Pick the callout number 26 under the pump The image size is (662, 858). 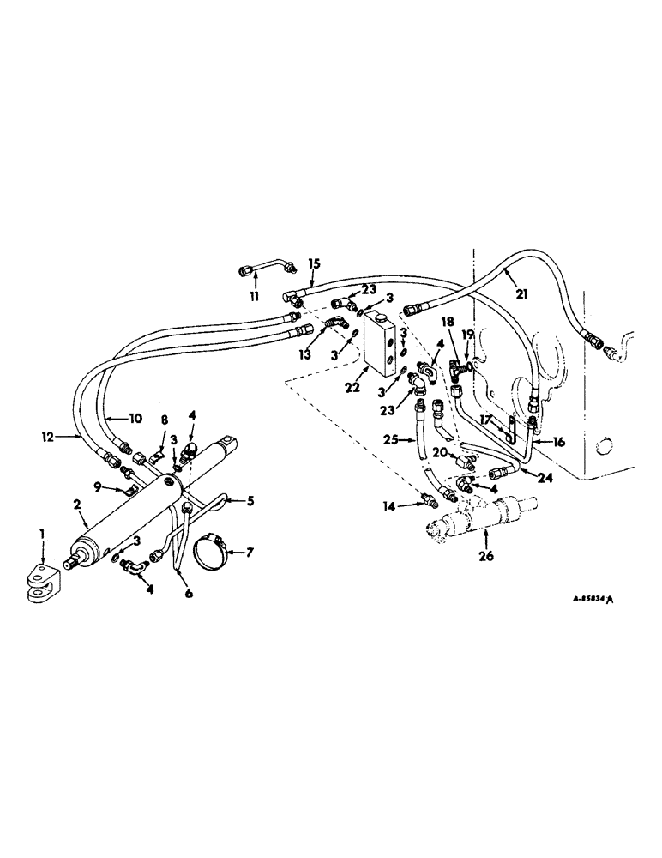pos(486,566)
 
